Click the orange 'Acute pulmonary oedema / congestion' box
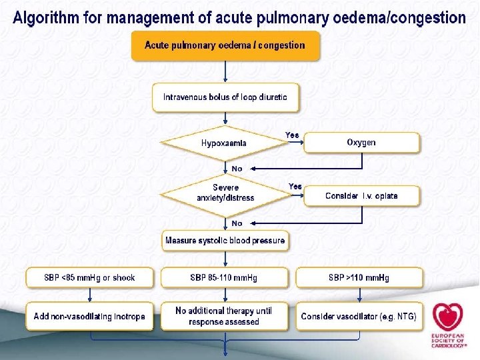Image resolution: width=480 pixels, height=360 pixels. pos(225,46)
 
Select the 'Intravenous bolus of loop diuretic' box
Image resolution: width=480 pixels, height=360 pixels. pos(225,97)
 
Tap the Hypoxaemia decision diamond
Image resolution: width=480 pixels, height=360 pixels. pos(224,143)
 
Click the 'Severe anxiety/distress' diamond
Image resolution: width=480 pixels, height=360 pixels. pos(225,193)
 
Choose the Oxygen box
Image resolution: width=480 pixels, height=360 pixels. pos(361,143)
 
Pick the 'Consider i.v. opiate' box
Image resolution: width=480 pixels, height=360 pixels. pos(361,196)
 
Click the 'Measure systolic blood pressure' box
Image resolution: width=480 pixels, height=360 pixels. pos(225,241)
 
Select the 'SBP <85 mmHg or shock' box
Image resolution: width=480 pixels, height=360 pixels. pos(89,278)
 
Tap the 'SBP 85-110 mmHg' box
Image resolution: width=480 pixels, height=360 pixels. pos(224,278)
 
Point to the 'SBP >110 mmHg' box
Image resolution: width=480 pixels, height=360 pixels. pos(359,278)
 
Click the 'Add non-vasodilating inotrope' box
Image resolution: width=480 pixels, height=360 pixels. pos(89,316)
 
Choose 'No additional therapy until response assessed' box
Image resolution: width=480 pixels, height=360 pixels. pos(224,316)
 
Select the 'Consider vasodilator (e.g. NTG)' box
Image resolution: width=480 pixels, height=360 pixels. pos(359,316)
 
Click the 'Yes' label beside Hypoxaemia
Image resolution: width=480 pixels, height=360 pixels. pos(292,135)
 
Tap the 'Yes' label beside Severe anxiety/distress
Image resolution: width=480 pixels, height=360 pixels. pos(295,186)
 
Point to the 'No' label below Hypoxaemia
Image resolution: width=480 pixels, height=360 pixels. pos(237,169)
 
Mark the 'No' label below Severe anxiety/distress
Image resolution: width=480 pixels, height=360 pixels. pos(237,223)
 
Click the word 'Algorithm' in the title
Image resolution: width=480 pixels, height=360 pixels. pos(44,17)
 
